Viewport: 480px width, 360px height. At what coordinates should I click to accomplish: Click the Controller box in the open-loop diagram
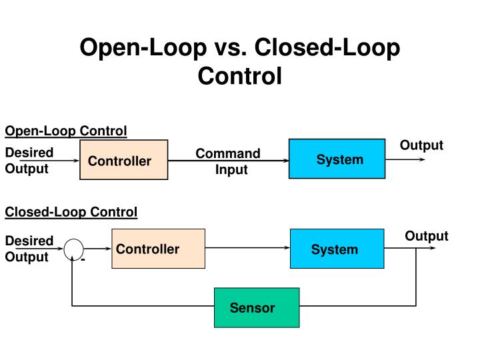click(123, 161)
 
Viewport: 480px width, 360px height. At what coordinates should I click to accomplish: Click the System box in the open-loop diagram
click(337, 159)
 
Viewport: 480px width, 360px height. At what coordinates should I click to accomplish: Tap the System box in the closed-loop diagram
click(337, 249)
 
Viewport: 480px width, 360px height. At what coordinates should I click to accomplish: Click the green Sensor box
click(257, 307)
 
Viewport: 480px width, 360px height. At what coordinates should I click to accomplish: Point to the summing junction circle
click(73, 248)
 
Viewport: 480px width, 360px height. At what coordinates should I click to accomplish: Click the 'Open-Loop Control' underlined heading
click(66, 131)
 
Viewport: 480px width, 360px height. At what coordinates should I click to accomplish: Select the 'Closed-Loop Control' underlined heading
click(71, 212)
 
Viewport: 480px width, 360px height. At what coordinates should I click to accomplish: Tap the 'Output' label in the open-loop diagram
click(421, 145)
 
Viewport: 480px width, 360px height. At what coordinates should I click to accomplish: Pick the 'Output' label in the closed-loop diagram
click(427, 236)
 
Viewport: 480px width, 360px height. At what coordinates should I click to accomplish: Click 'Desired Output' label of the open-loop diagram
click(29, 161)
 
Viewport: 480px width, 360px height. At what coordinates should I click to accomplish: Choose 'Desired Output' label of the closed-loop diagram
click(29, 249)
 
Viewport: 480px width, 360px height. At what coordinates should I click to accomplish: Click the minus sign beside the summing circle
click(83, 259)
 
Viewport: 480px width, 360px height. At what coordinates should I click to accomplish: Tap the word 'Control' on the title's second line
click(240, 76)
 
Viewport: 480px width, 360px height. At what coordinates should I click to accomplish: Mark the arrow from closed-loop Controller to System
click(247, 247)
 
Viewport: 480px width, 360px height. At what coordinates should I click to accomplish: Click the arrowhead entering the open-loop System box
click(285, 160)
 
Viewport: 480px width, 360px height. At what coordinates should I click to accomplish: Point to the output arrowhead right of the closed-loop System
click(433, 247)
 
